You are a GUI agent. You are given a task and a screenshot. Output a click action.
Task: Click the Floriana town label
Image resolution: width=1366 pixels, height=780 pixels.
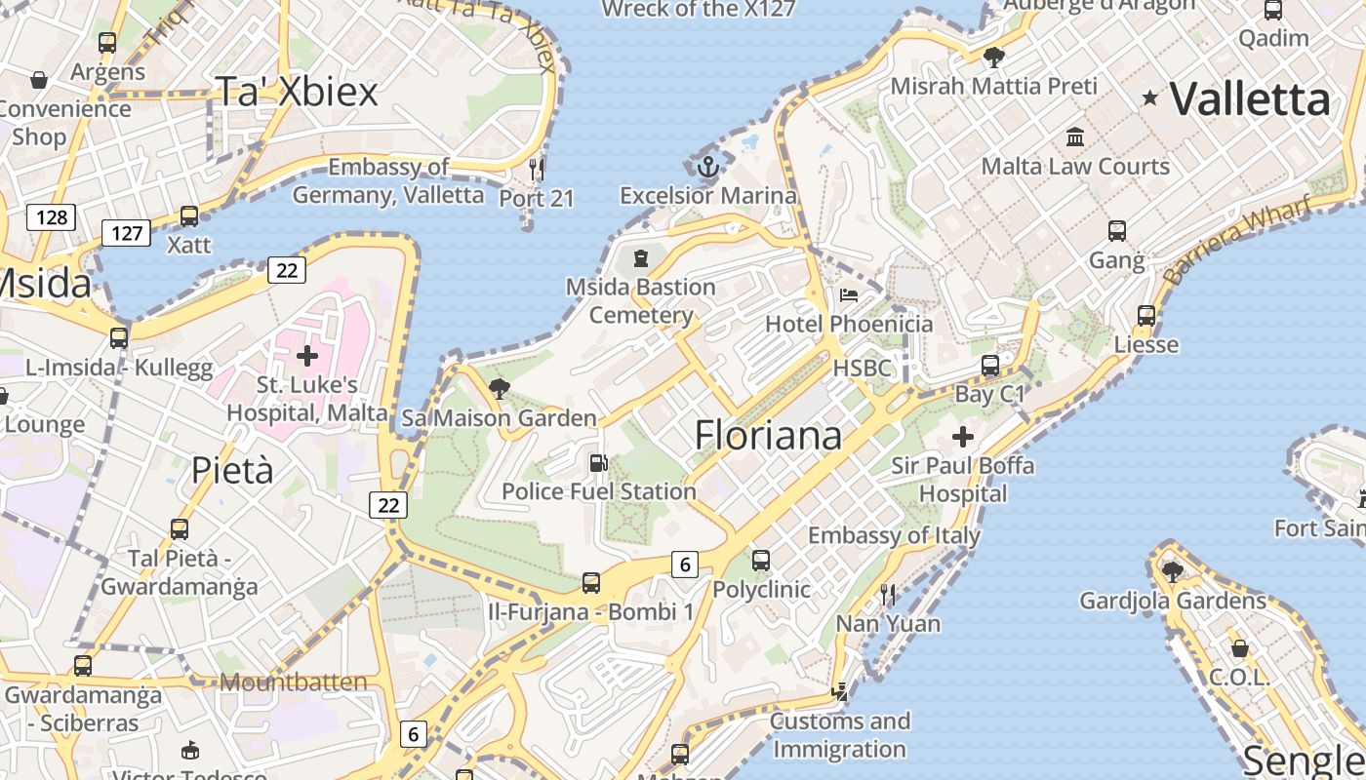[768, 435]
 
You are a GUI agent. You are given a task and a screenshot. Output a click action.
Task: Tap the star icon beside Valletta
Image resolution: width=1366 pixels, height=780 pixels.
[1150, 97]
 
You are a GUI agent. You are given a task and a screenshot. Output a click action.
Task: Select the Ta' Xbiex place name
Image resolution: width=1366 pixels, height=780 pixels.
[296, 92]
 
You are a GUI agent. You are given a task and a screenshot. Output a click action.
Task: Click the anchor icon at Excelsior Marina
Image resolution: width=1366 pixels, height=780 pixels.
[708, 168]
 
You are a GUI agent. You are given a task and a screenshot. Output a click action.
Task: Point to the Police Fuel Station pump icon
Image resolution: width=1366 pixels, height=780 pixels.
[598, 463]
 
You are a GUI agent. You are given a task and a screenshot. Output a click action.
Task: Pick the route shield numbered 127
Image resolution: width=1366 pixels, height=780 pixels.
[127, 233]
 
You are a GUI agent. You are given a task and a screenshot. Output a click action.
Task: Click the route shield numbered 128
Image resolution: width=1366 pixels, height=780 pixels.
[51, 216]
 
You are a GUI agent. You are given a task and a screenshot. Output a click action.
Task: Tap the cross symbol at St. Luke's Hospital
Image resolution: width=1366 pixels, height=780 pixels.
[307, 356]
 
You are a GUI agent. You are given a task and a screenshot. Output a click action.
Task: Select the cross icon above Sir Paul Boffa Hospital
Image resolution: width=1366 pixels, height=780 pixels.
[963, 436]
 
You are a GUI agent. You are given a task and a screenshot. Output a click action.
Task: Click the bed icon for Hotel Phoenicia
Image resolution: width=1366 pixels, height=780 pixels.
[849, 295]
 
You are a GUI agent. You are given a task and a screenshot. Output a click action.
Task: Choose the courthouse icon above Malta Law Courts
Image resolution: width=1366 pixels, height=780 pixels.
[1075, 136]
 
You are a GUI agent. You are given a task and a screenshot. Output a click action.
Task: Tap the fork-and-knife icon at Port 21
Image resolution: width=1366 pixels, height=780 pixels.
[536, 169]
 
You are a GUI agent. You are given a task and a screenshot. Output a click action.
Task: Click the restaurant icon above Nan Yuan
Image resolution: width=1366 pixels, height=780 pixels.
[888, 594]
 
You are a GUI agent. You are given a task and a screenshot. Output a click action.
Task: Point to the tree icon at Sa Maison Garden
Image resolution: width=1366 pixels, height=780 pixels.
[500, 389]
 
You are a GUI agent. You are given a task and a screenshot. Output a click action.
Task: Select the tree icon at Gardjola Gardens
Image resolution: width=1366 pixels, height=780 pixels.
[1172, 571]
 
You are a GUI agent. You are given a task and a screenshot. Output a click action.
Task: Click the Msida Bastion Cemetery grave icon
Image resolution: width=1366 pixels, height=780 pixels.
[641, 258]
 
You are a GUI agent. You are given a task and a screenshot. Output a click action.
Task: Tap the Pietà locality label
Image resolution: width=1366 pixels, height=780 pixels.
[232, 471]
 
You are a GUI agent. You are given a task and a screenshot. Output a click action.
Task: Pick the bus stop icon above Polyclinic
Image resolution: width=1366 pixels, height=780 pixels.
[761, 561]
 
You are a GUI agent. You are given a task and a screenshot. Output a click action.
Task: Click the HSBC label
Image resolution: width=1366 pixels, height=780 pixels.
[863, 368]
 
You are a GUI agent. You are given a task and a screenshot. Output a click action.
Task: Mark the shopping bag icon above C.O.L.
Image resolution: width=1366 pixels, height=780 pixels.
[1239, 648]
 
